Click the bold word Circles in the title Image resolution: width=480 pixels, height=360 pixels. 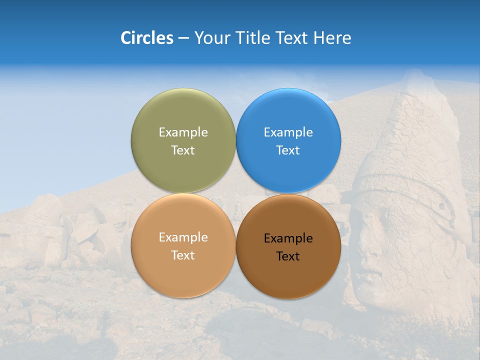pos(147,38)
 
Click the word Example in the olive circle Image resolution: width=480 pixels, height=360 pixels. pos(183,132)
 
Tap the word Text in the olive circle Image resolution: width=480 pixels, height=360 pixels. pos(183,150)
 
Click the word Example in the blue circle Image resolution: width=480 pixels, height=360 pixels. pos(288,132)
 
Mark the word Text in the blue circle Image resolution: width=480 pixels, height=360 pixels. pos(288,150)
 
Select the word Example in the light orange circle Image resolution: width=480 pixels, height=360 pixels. pos(183,237)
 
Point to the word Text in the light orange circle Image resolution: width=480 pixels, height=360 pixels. pos(183,255)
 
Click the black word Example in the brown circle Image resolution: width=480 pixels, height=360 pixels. pos(288,238)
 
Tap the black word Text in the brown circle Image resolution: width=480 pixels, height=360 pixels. pos(288,256)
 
